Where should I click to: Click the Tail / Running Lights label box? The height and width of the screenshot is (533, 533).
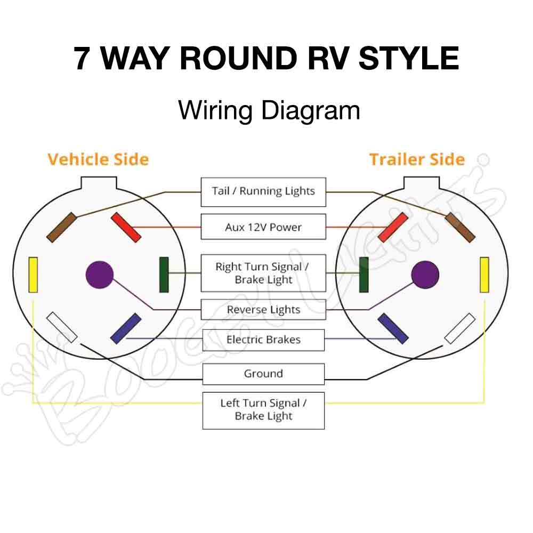[263, 192]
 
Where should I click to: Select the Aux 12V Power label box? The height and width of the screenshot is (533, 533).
[263, 227]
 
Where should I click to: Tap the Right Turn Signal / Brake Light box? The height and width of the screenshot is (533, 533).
[263, 273]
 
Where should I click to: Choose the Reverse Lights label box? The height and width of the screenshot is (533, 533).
[263, 310]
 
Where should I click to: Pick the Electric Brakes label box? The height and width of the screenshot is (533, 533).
[263, 340]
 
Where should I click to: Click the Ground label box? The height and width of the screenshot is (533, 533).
[263, 374]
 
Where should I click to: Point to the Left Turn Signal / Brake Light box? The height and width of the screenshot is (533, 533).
[263, 410]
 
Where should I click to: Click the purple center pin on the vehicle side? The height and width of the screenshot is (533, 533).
[100, 275]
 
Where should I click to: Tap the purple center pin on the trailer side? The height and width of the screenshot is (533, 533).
[425, 275]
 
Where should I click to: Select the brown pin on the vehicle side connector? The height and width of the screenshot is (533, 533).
[61, 227]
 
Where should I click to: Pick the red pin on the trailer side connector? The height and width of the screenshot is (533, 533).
[393, 227]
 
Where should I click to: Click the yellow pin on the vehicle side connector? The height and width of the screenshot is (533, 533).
[33, 274]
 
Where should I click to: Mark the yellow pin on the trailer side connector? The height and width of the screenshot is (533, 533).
[484, 274]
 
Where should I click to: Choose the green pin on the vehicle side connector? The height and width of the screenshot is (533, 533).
[164, 274]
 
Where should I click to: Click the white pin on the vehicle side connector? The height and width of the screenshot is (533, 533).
[62, 327]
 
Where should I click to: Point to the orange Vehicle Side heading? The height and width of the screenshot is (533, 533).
[98, 159]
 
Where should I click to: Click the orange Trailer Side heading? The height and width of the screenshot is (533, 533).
[417, 159]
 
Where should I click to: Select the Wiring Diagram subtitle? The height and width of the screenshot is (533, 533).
[269, 110]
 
